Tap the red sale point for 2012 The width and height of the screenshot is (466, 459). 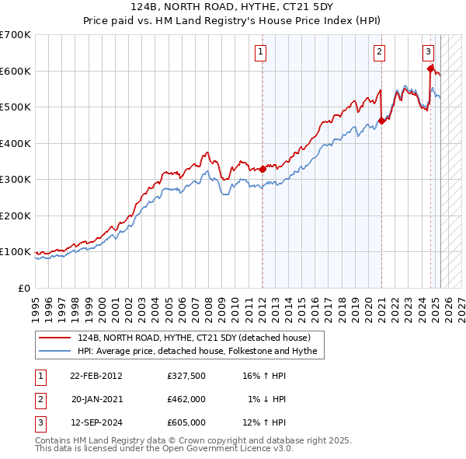click(263, 169)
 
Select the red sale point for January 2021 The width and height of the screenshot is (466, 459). click(381, 121)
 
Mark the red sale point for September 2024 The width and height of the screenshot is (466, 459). click(430, 68)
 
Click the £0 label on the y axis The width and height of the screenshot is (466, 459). click(24, 288)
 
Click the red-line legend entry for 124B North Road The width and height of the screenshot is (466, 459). click(194, 338)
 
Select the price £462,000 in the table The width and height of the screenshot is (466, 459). click(186, 399)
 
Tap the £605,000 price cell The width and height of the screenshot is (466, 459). click(186, 422)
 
